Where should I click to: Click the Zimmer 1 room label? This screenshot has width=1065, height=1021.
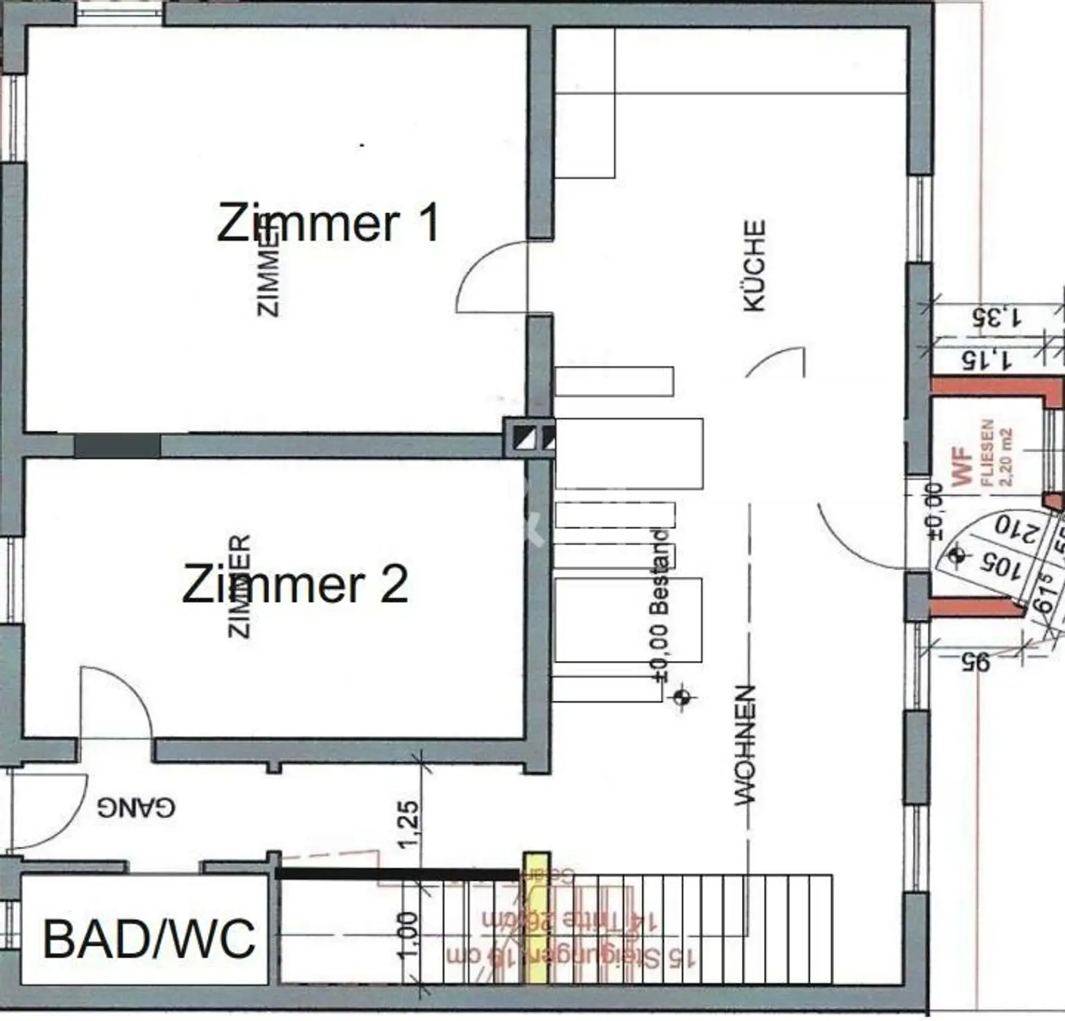coord(328,223)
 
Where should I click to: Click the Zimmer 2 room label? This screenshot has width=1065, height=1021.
coord(295,585)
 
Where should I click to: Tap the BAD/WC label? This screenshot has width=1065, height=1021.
coord(149,939)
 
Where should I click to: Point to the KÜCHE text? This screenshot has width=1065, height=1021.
coord(754,266)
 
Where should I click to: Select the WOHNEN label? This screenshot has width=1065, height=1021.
coord(744,745)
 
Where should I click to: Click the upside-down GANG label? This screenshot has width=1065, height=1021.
coord(136,807)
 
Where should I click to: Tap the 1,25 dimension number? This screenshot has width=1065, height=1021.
coord(408,824)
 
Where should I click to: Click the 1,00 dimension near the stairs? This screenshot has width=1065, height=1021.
coord(408,934)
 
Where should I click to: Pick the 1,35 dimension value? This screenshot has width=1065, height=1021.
coord(996,318)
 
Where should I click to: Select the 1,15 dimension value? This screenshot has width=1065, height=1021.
coord(987,359)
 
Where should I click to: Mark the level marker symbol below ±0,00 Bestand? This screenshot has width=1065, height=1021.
coord(682,696)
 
